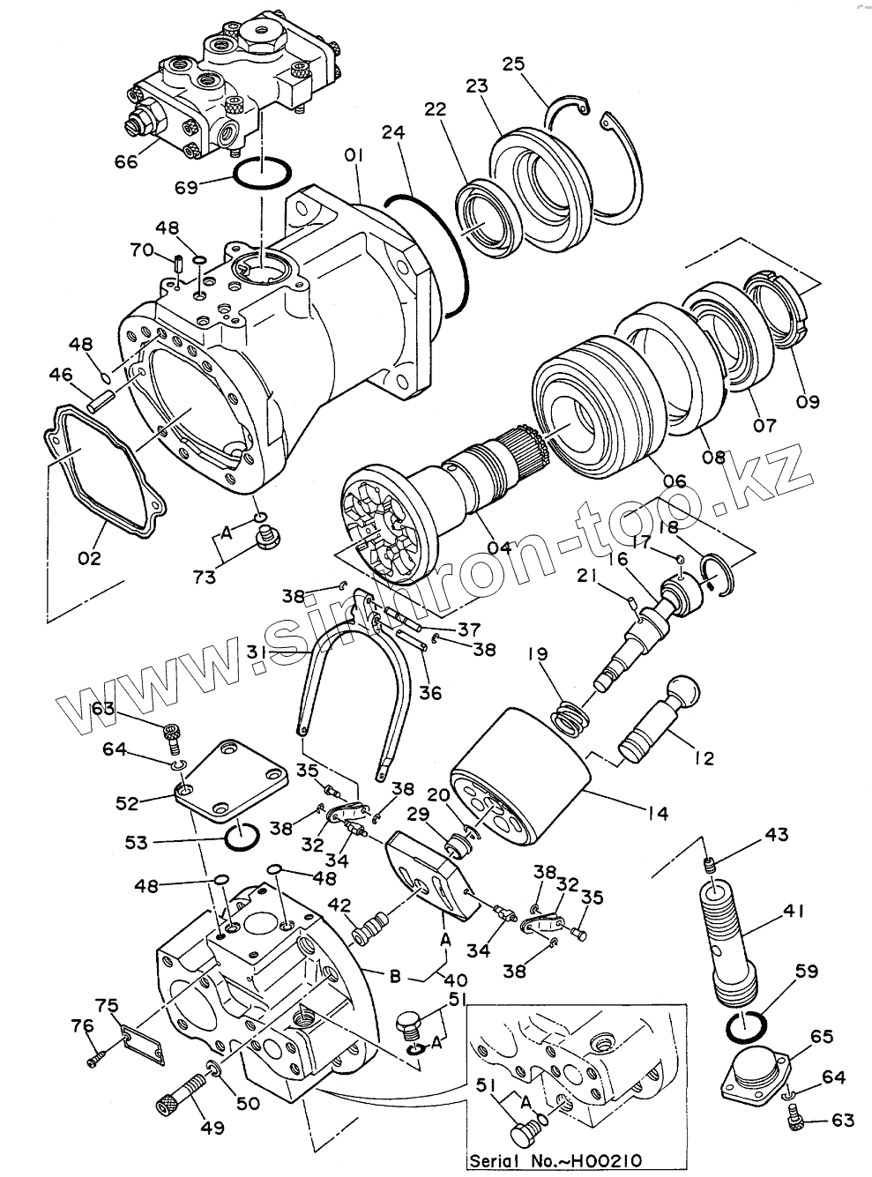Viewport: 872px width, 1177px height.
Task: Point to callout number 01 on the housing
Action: [354, 157]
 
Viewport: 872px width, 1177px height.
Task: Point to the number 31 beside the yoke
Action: [257, 652]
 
